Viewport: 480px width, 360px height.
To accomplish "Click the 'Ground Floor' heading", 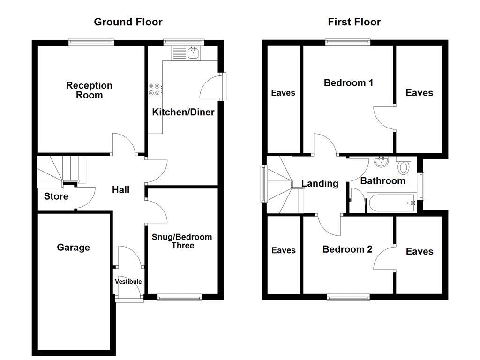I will [x=128, y=22].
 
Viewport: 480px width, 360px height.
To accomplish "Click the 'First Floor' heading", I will [x=354, y=22].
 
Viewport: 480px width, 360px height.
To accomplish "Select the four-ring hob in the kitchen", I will [x=155, y=89].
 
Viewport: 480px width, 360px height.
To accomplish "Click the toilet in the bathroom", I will [x=403, y=165].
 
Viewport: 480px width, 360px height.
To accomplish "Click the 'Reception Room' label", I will [x=89, y=90].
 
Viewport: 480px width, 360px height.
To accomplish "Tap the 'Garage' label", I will [x=73, y=247].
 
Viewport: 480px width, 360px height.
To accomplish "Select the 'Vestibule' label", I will [x=128, y=281].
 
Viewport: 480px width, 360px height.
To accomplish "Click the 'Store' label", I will [x=56, y=196].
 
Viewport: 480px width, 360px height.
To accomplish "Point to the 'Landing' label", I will [x=320, y=183].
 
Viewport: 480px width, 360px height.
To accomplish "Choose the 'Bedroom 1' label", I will [x=348, y=83].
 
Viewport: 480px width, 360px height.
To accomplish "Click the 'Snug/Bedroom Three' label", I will [x=182, y=241].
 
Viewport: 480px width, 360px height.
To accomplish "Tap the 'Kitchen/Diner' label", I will [x=183, y=112].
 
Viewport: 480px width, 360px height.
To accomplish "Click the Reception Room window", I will [x=91, y=42].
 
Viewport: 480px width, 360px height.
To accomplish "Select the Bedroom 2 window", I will [x=348, y=297].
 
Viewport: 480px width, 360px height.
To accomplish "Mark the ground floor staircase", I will [x=61, y=170].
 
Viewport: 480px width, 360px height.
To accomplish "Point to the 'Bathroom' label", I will [x=382, y=181].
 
